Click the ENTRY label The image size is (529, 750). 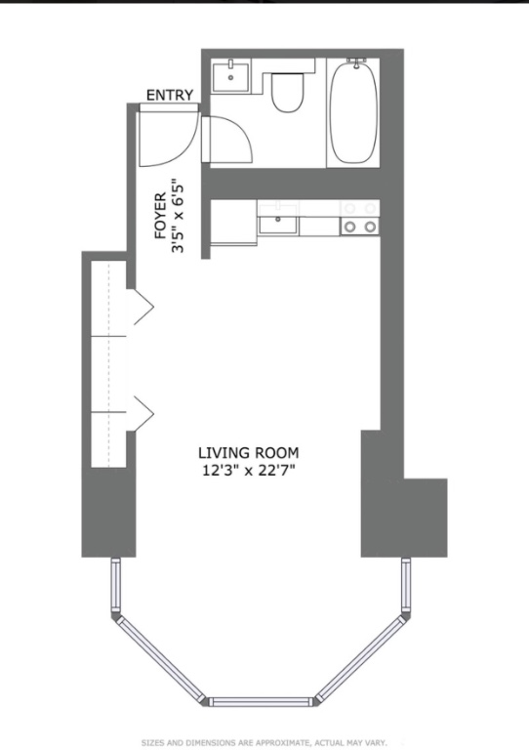pos(170,95)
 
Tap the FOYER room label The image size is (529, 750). pos(160,216)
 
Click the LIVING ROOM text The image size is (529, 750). pos(249,452)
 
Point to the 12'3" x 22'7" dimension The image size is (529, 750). pos(249,471)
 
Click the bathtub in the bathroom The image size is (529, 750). pos(353,112)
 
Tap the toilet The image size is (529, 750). pos(288,92)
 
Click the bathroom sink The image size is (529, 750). pos(230,76)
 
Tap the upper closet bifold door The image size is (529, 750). pos(141,307)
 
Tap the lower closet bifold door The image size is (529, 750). pos(141,413)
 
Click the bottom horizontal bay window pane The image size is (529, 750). pos(261,702)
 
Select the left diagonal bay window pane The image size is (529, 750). pos(161,658)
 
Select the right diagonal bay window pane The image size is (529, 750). pos(363,657)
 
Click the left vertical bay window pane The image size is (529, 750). pos(115,585)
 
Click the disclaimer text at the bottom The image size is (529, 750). pos(264,742)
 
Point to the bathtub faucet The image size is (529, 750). pos(356,62)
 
